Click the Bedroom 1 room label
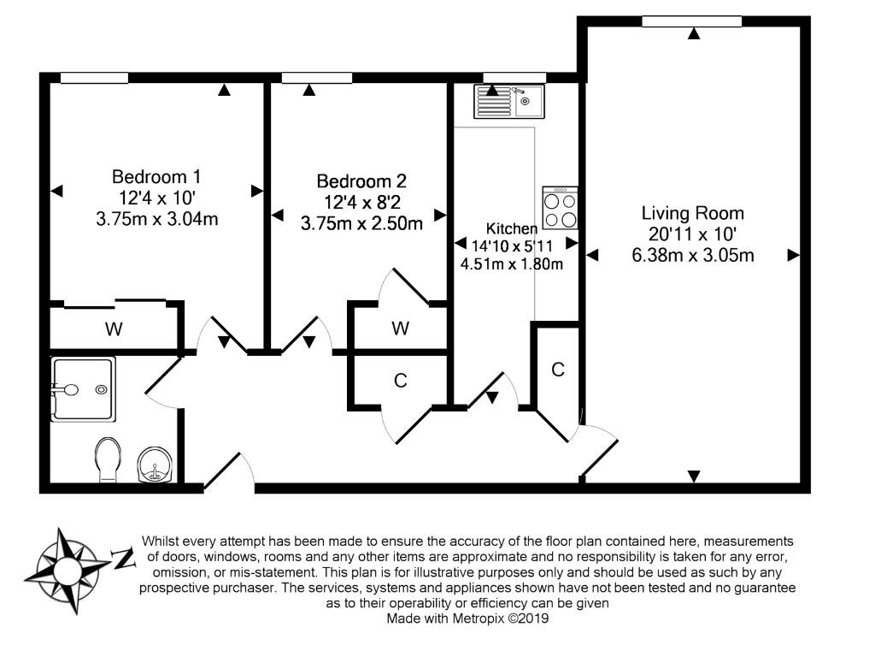pyautogui.click(x=156, y=176)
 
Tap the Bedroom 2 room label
pyautogui.click(x=361, y=181)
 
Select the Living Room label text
pyautogui.click(x=692, y=213)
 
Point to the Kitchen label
pyautogui.click(x=512, y=228)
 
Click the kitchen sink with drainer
pyautogui.click(x=509, y=101)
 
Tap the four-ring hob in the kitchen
pyautogui.click(x=561, y=207)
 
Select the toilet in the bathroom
pyautogui.click(x=109, y=459)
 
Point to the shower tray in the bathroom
pyautogui.click(x=83, y=389)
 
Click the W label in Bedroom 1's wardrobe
pyautogui.click(x=114, y=329)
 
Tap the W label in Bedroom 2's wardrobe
pyautogui.click(x=401, y=328)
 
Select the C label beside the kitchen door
pyautogui.click(x=558, y=370)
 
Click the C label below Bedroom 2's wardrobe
pyautogui.click(x=401, y=381)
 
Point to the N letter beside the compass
pyautogui.click(x=123, y=558)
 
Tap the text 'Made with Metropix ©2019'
pyautogui.click(x=467, y=619)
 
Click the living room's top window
pyautogui.click(x=692, y=21)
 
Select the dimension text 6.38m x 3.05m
pyautogui.click(x=692, y=255)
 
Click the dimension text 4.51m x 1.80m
pyautogui.click(x=512, y=263)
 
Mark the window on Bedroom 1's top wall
pyautogui.click(x=94, y=78)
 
